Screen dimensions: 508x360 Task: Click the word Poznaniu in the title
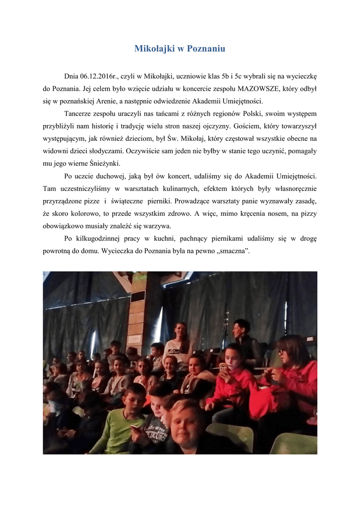tap(206, 49)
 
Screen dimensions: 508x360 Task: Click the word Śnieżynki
tap(104, 163)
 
